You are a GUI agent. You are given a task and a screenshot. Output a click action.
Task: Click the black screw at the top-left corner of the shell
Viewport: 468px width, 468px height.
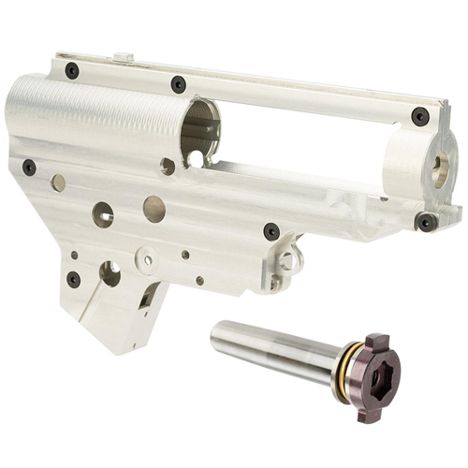click(72, 70)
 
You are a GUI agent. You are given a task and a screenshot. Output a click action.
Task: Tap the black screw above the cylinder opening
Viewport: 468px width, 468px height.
click(178, 84)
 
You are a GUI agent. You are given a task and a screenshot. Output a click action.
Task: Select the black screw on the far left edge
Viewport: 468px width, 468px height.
click(29, 167)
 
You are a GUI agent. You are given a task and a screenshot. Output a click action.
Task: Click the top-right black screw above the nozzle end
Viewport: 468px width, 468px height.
click(420, 116)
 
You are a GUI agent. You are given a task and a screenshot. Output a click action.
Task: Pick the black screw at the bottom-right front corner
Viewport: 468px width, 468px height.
click(426, 222)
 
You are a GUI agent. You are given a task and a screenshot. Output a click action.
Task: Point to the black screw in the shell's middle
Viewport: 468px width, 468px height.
click(271, 230)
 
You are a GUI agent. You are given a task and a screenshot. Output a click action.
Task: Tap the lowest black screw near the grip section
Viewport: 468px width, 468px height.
click(74, 278)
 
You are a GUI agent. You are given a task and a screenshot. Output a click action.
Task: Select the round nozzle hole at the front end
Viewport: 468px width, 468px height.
click(438, 165)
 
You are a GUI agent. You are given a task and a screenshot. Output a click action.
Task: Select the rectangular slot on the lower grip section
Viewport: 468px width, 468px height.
click(147, 298)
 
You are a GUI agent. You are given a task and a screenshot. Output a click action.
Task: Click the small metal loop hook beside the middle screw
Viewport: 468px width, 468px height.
click(291, 255)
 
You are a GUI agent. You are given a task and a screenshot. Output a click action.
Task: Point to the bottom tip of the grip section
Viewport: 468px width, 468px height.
click(122, 348)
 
